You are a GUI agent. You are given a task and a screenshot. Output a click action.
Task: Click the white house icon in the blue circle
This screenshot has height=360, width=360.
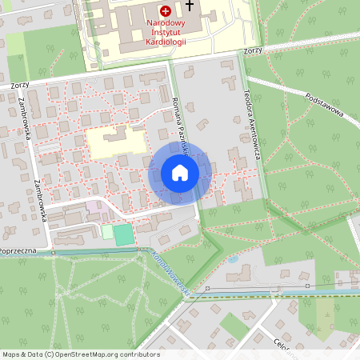[179, 172]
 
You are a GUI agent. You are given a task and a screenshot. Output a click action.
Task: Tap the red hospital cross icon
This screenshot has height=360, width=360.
[166, 11]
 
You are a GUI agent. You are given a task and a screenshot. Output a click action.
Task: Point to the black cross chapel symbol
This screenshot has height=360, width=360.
[189, 6]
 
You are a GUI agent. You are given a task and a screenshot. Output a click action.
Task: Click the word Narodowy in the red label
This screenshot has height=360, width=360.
[166, 24]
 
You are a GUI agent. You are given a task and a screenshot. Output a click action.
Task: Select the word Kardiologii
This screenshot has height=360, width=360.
[166, 42]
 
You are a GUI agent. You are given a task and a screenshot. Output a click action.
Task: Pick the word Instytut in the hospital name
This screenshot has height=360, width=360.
[166, 33]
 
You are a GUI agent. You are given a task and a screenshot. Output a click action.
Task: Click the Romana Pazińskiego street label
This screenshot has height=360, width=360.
[180, 121]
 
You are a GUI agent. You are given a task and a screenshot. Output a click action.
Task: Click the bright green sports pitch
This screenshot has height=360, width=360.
[122, 234]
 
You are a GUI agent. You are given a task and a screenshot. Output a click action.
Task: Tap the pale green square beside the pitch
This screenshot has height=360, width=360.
[107, 232]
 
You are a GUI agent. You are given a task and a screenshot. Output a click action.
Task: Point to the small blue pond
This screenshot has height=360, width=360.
[232, 260]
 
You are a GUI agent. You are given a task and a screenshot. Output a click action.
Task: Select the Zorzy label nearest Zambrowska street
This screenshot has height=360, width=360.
[20, 84]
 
